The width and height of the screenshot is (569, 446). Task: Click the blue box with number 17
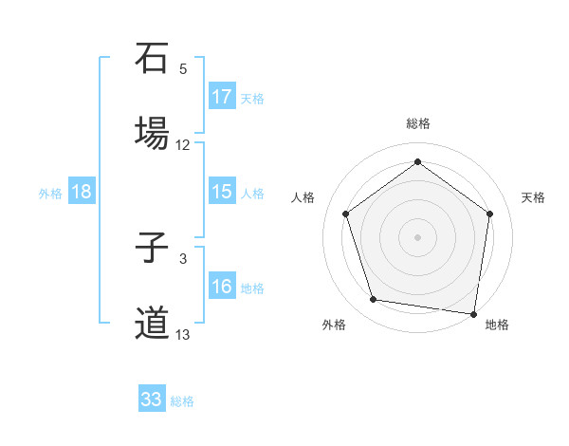[222, 97]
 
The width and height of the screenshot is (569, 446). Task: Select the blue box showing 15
[222, 192]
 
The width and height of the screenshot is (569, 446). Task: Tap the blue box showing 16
[222, 287]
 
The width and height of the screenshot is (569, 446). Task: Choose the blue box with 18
[82, 192]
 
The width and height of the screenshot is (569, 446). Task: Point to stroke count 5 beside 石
[183, 69]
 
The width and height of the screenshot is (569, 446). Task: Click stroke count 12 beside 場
[183, 145]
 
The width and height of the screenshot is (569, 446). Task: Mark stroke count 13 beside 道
[183, 335]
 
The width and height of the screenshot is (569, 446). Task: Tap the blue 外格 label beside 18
[50, 194]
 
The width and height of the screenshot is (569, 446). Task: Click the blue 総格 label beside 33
[182, 401]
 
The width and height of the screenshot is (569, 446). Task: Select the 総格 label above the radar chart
[417, 123]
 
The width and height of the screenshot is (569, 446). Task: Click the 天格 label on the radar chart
[533, 197]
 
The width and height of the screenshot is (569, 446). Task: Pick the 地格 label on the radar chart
[497, 325]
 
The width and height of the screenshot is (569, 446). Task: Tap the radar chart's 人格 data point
[345, 214]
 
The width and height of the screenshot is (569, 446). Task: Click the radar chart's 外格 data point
[374, 300]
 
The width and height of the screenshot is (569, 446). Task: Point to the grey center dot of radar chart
[417, 236]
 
